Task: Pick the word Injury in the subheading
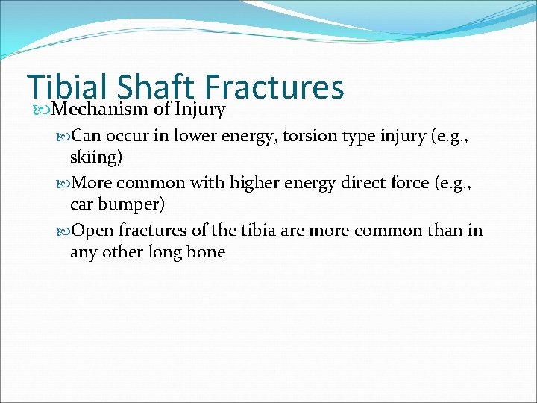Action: (x=200, y=110)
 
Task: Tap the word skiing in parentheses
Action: (x=95, y=158)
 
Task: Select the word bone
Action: (x=207, y=252)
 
